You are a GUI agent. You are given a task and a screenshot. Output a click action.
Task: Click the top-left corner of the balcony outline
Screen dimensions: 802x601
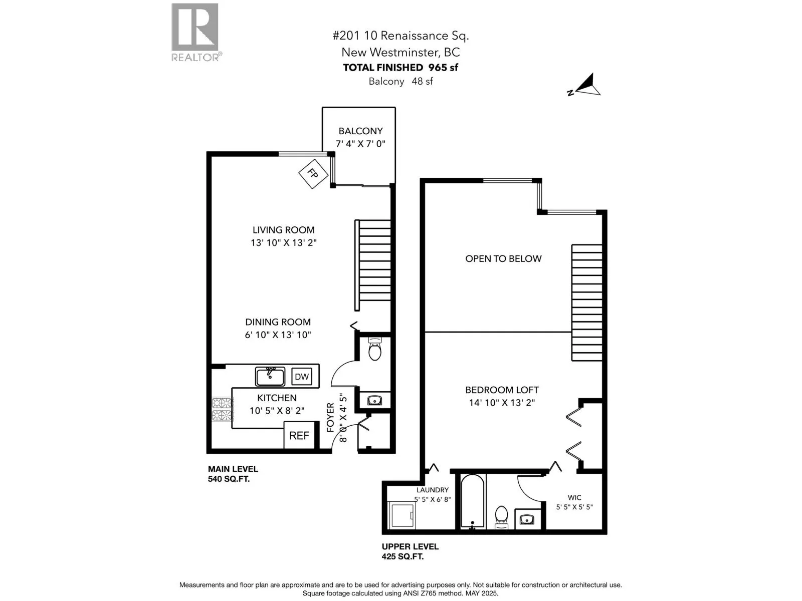click(x=322, y=107)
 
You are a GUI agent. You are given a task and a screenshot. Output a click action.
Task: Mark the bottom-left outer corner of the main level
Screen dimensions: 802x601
click(x=207, y=453)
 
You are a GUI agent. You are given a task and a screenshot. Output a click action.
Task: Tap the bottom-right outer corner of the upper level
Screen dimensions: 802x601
click(x=607, y=534)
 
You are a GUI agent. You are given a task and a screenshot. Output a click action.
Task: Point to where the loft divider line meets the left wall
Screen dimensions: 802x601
click(x=425, y=332)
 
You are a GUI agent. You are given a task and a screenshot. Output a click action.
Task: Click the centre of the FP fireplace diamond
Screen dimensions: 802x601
click(x=313, y=174)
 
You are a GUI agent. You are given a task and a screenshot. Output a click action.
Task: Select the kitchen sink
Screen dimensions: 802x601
click(x=270, y=377)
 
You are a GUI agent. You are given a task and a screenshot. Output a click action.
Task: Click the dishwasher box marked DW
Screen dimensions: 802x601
click(x=301, y=377)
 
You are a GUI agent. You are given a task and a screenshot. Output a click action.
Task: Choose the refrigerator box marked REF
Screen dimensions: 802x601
click(x=299, y=435)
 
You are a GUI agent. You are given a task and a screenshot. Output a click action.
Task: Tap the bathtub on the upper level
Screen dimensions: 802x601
click(x=473, y=502)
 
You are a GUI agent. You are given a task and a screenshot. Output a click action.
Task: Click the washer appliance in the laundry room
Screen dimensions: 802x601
click(x=402, y=515)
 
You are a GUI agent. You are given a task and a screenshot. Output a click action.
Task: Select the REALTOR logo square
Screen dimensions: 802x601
click(x=195, y=27)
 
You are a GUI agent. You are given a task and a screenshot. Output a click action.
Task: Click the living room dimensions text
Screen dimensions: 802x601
click(x=284, y=243)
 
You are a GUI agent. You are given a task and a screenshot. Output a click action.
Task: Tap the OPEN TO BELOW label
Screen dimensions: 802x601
click(x=503, y=259)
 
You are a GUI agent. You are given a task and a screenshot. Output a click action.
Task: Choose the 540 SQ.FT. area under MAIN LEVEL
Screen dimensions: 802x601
click(x=229, y=479)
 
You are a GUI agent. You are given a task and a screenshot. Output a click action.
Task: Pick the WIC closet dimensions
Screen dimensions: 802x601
click(x=574, y=507)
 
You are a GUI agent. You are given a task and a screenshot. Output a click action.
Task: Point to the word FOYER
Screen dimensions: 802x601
click(x=330, y=418)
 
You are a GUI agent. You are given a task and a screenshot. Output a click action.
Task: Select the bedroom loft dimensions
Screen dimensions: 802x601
click(x=502, y=403)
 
